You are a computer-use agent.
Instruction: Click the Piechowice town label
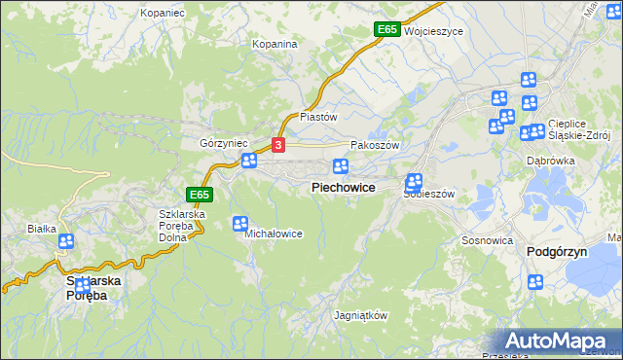pos(344,187)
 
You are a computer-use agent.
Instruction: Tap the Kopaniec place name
pos(162,13)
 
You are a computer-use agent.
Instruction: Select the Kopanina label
pos(274,44)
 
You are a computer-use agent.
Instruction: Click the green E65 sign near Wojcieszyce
pos(386,30)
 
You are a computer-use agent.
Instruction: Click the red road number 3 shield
pos(279,145)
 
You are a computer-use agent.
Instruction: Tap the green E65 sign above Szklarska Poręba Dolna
pos(200,195)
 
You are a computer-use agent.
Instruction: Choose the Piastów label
pos(317,116)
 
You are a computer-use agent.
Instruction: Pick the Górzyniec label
pos(220,142)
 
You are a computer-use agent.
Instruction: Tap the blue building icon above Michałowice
pos(240,224)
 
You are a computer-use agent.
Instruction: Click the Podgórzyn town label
pos(559,251)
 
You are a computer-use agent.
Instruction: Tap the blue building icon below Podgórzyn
pos(535,282)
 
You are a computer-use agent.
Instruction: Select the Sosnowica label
pos(488,239)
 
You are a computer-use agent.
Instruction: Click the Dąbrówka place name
pos(551,161)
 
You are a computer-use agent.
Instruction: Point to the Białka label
pos(43,230)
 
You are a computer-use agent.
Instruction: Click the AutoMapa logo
pos(559,341)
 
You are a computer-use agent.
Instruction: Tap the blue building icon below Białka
pos(65,241)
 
